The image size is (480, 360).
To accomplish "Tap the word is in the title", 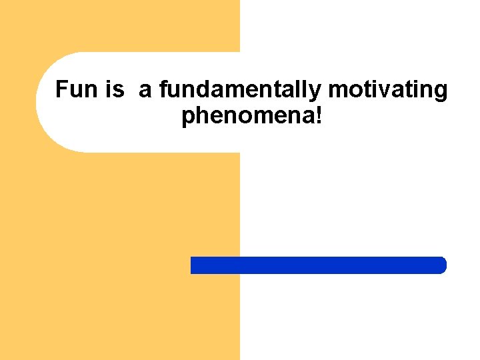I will (x=114, y=89).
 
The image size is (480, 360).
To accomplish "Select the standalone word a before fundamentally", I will (x=145, y=90).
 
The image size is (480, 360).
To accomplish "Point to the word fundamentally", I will (x=239, y=90).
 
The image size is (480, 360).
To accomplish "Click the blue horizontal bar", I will (x=318, y=265).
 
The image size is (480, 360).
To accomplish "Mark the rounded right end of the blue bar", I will (x=441, y=265).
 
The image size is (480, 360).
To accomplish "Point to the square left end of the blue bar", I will (x=194, y=265).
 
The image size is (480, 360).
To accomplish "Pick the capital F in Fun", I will (x=61, y=89).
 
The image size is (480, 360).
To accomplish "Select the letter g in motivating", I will (x=441, y=92).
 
